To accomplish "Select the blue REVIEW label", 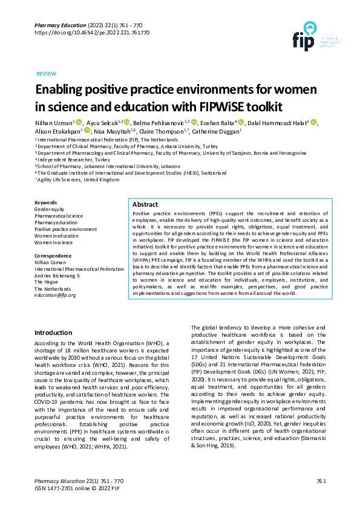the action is tap(47, 73).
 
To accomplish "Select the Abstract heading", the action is tap(145, 205).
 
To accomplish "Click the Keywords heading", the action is tap(46, 202).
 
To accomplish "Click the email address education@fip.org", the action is tap(55, 295).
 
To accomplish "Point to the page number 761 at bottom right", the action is tap(321, 481).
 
